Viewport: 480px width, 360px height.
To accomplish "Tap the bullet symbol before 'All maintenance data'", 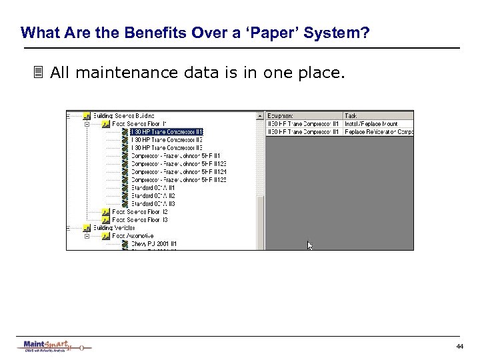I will [x=39, y=72].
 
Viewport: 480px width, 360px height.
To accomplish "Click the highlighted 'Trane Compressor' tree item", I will [x=167, y=132].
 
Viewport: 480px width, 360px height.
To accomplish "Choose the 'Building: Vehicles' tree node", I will [x=114, y=227].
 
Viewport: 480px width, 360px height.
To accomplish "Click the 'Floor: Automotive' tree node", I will [x=133, y=235].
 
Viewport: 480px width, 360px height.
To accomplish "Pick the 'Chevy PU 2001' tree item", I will [x=153, y=244].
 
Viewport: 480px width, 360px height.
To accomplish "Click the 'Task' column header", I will [x=351, y=116].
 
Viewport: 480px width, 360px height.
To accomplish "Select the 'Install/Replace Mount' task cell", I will [x=371, y=124].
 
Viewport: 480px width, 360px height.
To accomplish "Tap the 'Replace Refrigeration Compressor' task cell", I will [x=377, y=132].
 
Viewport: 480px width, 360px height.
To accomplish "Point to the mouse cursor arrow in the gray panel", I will [x=309, y=245].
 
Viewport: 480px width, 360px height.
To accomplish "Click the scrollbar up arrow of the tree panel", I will [x=261, y=116].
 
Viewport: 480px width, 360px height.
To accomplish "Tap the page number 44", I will [x=459, y=347].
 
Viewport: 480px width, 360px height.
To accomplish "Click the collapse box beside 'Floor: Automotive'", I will [x=85, y=235].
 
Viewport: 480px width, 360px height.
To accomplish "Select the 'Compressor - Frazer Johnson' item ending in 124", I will [x=179, y=172].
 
